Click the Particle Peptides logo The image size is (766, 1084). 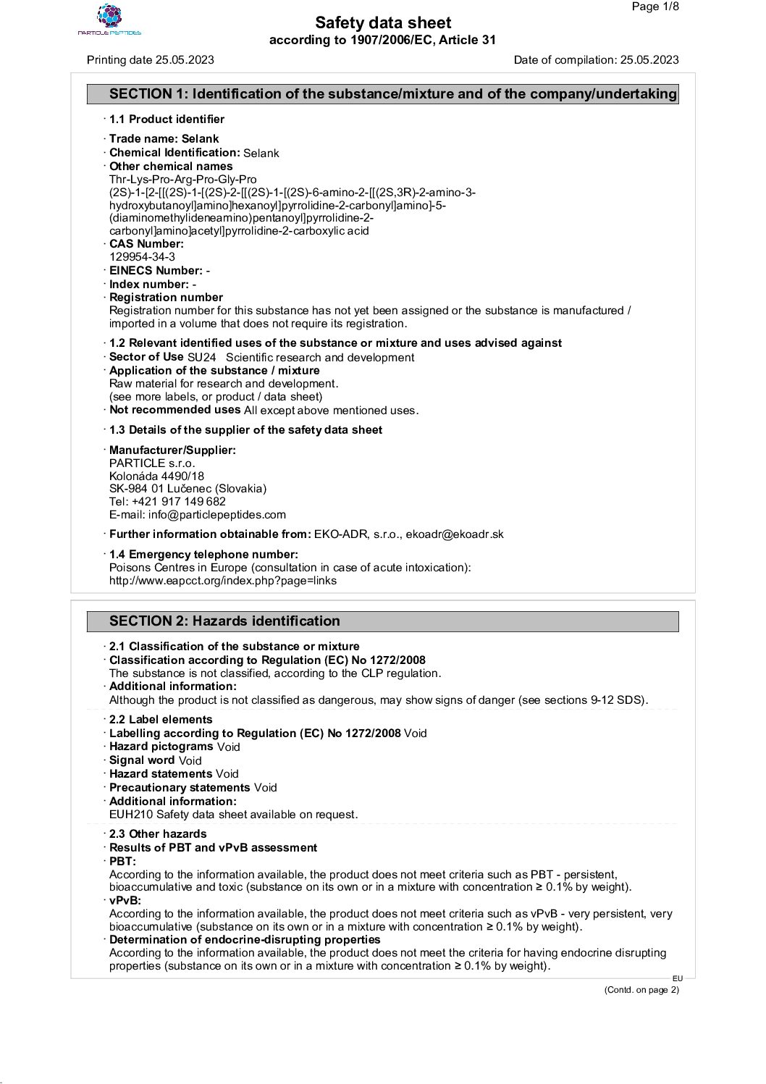click(x=109, y=20)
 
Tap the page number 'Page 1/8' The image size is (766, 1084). click(x=655, y=7)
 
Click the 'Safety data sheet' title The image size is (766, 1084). click(x=383, y=23)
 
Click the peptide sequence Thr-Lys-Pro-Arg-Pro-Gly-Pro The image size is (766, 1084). click(x=182, y=180)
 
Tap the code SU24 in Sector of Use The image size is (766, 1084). click(x=201, y=358)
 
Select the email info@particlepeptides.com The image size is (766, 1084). click(x=216, y=515)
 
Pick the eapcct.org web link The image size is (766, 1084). click(x=223, y=581)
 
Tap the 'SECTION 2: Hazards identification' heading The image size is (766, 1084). click(x=224, y=621)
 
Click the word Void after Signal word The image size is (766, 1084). click(x=190, y=761)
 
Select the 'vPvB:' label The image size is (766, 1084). click(x=125, y=901)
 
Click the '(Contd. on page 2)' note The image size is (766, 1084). click(x=641, y=991)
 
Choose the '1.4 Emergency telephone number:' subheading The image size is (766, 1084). click(x=203, y=555)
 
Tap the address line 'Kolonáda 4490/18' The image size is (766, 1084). click(x=156, y=476)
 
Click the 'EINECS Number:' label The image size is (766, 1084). click(x=156, y=271)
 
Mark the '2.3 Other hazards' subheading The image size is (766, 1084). click(x=158, y=834)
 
